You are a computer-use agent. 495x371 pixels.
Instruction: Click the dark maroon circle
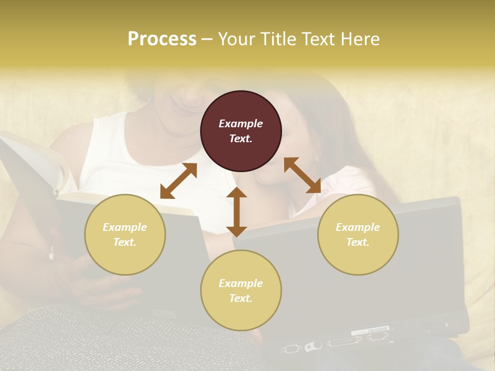tap(241, 131)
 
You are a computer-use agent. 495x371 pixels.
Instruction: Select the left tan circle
tap(125, 234)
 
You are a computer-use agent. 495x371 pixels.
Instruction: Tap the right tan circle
tap(358, 234)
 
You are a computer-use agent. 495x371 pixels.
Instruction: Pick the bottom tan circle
tap(241, 290)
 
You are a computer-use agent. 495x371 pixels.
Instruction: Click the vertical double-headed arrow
tap(237, 212)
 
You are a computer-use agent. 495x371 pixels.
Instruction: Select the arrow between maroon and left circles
tap(178, 181)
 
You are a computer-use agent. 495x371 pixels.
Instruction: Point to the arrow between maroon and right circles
tap(302, 175)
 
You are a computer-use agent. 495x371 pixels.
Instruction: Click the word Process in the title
tap(162, 39)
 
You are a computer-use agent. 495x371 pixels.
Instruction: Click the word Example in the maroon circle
tap(241, 124)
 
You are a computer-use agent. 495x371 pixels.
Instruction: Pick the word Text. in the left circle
tap(125, 242)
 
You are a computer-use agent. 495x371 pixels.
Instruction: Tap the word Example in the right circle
tap(358, 227)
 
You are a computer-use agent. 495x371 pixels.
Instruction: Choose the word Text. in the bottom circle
tap(241, 298)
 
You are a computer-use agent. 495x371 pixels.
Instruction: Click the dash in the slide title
tap(207, 39)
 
